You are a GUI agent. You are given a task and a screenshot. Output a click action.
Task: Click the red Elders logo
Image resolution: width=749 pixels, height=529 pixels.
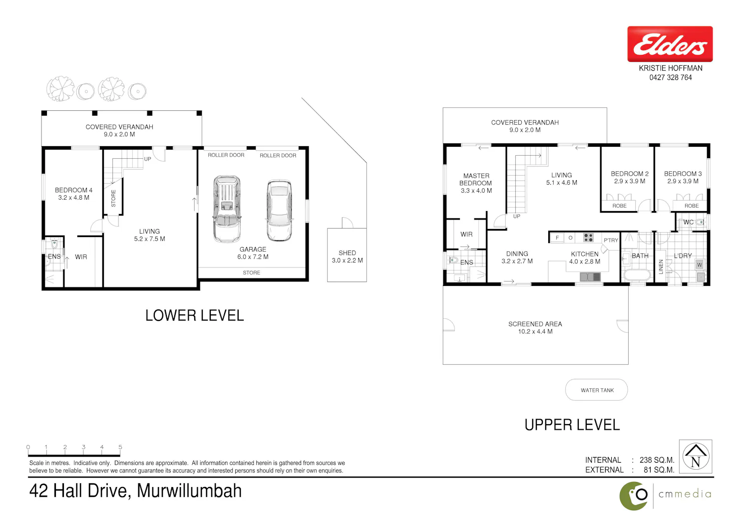pos(670,44)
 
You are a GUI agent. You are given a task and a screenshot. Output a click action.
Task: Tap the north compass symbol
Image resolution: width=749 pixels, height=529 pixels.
pos(696,457)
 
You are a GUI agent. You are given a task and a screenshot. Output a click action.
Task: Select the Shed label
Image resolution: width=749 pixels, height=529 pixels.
pos(347,257)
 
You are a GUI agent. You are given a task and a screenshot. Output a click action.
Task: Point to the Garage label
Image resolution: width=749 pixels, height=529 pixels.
pos(253,253)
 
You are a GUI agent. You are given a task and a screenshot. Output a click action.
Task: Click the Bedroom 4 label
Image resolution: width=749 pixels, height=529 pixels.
pos(73,194)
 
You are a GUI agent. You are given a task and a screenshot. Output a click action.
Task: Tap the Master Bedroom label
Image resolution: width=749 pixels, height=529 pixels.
pos(476,183)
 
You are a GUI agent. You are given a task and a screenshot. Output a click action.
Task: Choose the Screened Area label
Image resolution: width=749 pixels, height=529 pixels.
pos(535,327)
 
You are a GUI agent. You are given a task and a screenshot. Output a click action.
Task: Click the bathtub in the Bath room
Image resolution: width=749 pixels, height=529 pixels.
pos(637,275)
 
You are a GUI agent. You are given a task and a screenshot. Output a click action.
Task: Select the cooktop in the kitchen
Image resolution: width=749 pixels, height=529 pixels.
pos(588,238)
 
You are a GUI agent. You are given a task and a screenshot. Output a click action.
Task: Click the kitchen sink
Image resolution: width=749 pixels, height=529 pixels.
pos(590,276)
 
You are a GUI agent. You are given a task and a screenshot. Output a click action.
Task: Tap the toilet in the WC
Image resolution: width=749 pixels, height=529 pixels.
pos(700,222)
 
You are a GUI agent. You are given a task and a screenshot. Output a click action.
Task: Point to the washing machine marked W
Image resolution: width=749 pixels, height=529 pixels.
pos(699,264)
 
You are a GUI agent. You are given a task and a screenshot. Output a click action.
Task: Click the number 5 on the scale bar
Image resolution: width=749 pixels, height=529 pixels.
pos(120,447)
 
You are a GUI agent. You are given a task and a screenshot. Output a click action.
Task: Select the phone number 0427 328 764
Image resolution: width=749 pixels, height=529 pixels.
pos(671,77)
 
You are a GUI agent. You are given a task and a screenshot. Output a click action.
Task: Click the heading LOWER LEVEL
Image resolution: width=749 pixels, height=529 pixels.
pos(194,315)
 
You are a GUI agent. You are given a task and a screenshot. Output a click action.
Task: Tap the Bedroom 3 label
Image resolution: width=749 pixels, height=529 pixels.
pos(683,178)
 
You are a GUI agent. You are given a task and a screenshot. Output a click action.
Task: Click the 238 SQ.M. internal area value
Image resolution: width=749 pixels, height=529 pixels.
pos(657,460)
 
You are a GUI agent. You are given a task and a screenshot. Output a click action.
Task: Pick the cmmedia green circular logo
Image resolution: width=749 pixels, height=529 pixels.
pos(633,496)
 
